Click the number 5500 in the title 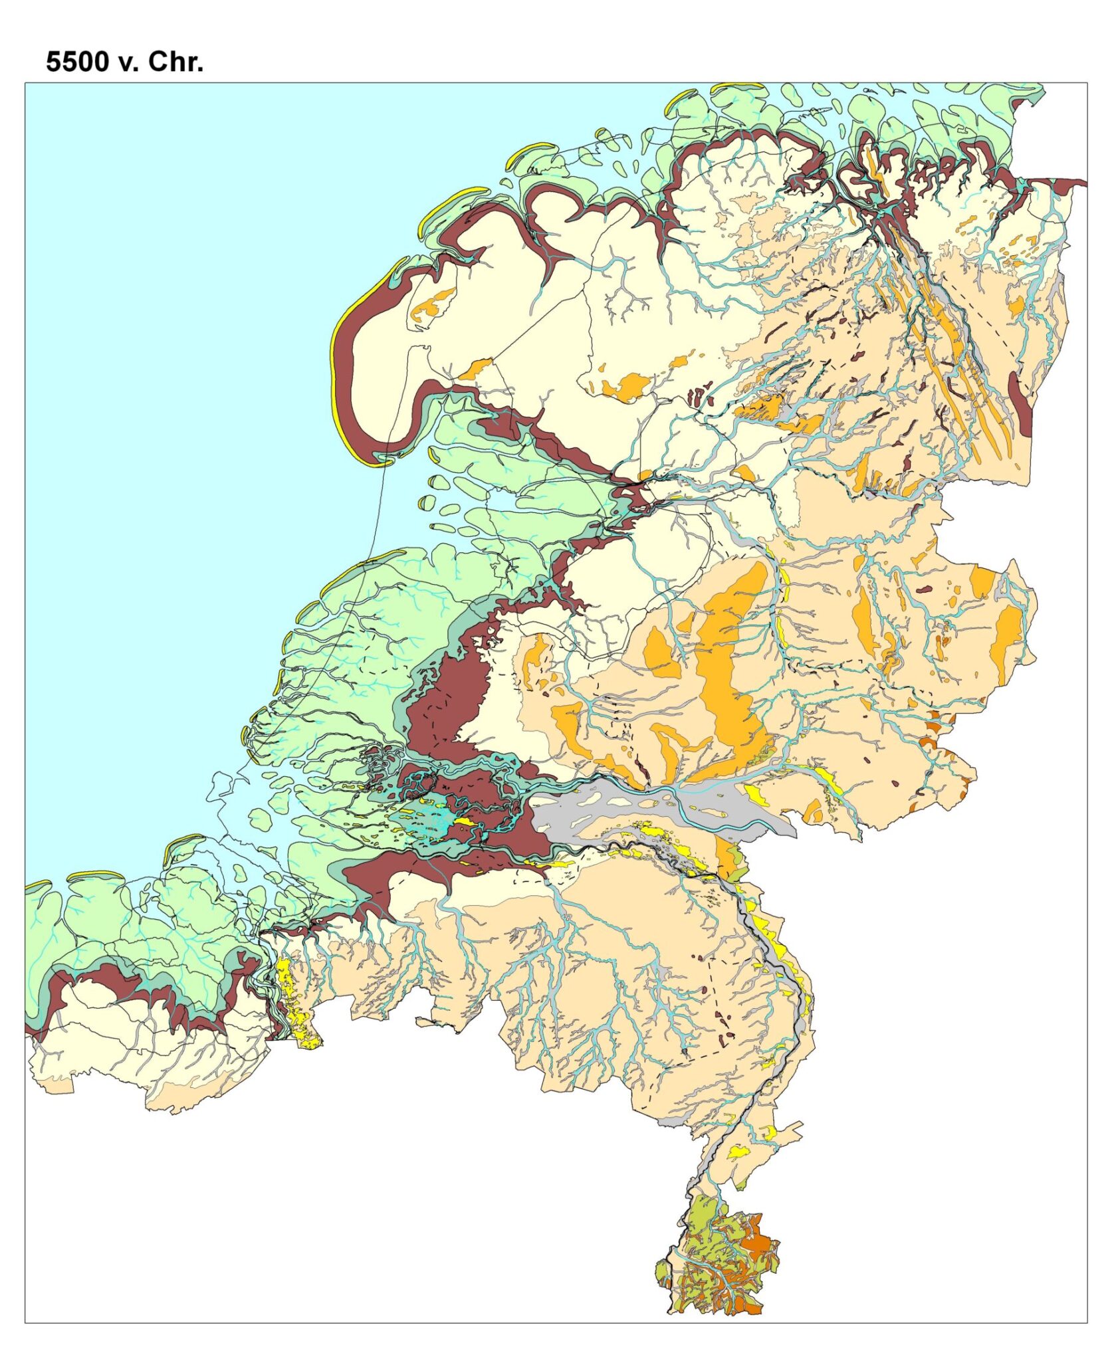(77, 62)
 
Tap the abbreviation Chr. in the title (175, 62)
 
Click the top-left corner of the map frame (25, 83)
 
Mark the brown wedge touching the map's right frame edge (1063, 183)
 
